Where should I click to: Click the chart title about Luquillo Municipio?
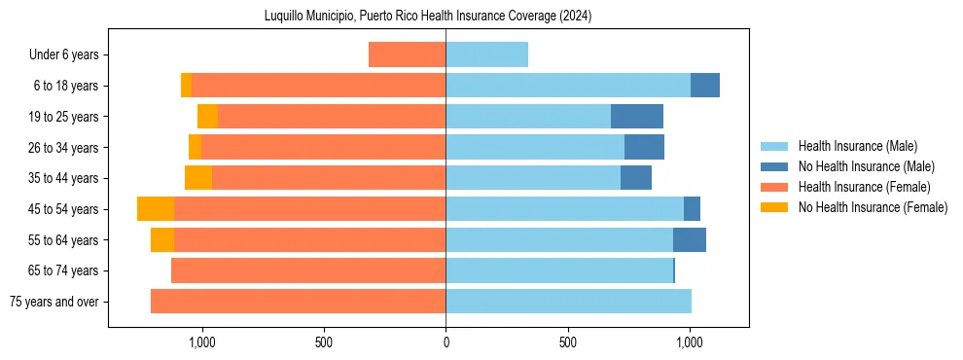click(428, 17)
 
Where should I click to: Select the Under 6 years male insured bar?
click(486, 54)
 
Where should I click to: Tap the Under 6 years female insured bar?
click(407, 54)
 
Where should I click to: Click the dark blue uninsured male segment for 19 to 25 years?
click(637, 117)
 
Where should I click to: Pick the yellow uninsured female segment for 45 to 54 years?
click(156, 209)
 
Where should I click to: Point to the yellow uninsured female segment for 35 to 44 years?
click(198, 178)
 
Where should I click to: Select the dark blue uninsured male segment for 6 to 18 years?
click(705, 86)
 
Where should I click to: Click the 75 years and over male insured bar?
click(568, 302)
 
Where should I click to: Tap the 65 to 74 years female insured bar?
click(308, 270)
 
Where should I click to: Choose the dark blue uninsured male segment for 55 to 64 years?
click(690, 240)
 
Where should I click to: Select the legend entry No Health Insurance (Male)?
click(866, 166)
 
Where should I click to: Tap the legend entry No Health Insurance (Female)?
click(873, 207)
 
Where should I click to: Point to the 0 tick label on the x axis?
click(446, 342)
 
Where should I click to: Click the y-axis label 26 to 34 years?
click(63, 148)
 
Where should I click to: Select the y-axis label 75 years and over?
click(53, 302)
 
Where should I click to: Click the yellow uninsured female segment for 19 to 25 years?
click(207, 117)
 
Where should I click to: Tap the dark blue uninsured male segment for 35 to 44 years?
click(636, 178)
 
